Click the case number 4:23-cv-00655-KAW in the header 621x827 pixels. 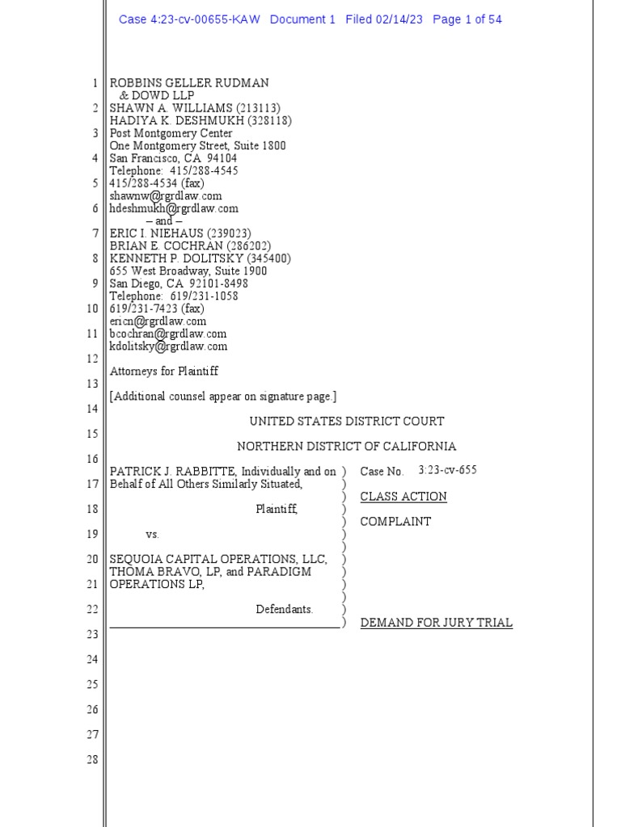188,19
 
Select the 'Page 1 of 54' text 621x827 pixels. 467,19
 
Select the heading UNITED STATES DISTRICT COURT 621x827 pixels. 346,422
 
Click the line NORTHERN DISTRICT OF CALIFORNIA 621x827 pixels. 346,447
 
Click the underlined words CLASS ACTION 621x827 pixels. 403,497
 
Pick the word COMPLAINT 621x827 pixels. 395,522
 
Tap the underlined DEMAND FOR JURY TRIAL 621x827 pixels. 436,623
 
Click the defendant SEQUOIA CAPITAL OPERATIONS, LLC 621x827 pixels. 218,559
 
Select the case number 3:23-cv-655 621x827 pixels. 447,471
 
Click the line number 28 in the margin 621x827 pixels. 92,760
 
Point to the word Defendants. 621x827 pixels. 285,610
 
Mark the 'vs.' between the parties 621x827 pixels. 153,535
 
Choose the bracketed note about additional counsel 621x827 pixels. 223,397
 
